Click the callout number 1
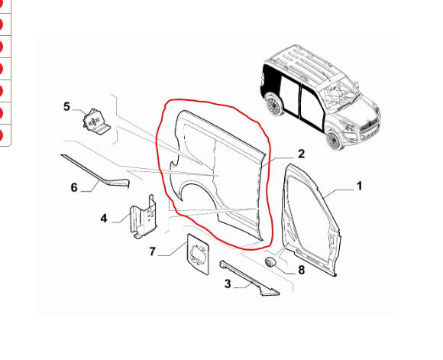tap(359, 186)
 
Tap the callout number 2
tap(302, 154)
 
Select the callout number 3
tap(228, 284)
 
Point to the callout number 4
tap(104, 219)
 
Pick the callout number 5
tap(66, 107)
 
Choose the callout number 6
tap(74, 187)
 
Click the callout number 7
tap(152, 251)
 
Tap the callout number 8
tap(302, 270)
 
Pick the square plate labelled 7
tap(198, 254)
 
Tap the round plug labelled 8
tap(270, 262)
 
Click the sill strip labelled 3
tap(249, 278)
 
